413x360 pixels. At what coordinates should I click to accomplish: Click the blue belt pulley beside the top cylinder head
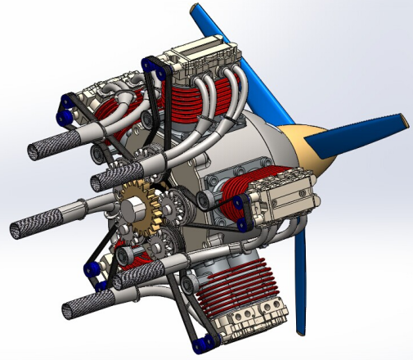pyautogui.click(x=148, y=61)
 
